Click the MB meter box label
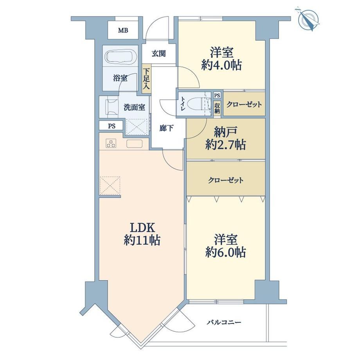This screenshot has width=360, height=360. click(123, 30)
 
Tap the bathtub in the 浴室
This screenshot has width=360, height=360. click(121, 56)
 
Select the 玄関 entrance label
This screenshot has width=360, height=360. click(158, 54)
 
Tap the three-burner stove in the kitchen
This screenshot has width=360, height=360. click(111, 144)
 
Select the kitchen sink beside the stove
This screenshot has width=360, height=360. click(134, 144)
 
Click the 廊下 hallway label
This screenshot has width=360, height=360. click(166, 128)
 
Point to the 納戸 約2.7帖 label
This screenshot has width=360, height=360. click(225, 139)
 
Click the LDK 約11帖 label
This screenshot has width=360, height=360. click(142, 234)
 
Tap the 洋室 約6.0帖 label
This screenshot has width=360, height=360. click(226, 246)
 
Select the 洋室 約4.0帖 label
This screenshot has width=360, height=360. click(221, 59)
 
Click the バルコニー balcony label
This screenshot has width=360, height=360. click(224, 322)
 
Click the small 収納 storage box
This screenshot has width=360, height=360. click(217, 108)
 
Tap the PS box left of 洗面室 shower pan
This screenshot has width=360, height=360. click(112, 126)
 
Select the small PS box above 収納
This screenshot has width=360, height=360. click(217, 95)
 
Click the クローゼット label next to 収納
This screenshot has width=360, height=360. click(244, 104)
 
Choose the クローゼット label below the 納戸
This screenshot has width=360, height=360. click(225, 180)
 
